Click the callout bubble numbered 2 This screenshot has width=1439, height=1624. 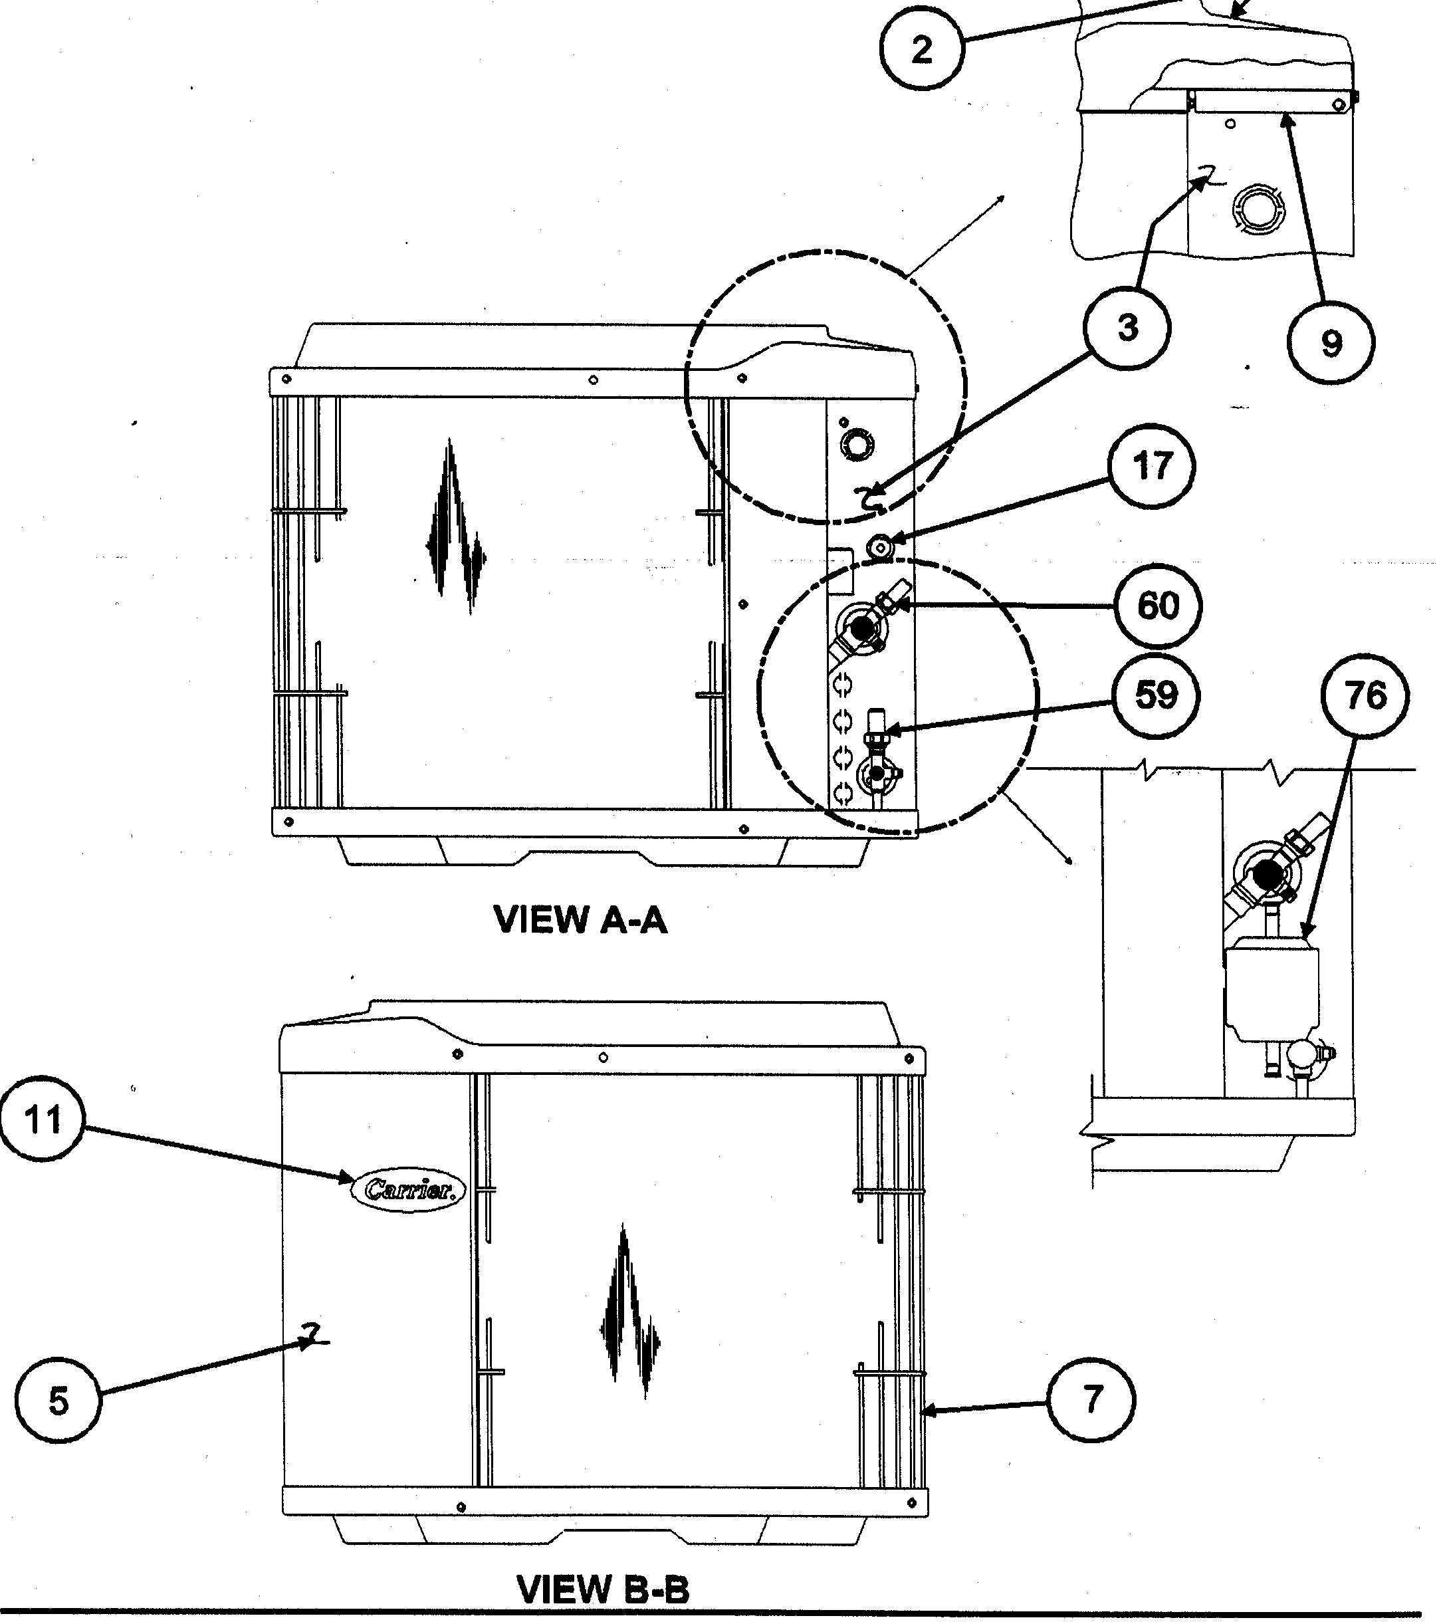921,50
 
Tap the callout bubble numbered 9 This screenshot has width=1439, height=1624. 1331,343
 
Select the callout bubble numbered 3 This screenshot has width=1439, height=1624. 1127,327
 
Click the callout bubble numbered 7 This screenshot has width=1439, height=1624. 1093,1399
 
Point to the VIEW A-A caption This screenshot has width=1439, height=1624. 580,920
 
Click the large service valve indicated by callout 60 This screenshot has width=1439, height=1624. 861,627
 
